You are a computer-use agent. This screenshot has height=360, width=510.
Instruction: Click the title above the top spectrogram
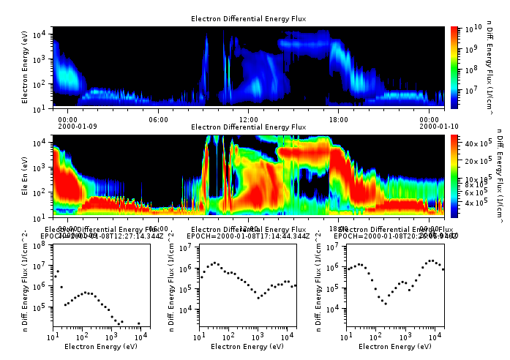point(248,18)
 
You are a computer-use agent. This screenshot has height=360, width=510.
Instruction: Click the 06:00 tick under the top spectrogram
point(158,119)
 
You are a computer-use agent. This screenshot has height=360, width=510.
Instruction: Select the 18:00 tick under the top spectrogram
point(338,119)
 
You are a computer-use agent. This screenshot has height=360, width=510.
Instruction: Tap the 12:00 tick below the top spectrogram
point(248,119)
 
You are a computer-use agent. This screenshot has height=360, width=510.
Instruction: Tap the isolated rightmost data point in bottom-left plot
point(139,323)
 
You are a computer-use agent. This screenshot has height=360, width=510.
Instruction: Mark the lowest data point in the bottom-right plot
point(386,303)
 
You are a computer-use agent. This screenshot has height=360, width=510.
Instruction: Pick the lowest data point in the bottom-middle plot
point(258,298)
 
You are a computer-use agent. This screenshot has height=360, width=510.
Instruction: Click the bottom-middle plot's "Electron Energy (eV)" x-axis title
point(248,346)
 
